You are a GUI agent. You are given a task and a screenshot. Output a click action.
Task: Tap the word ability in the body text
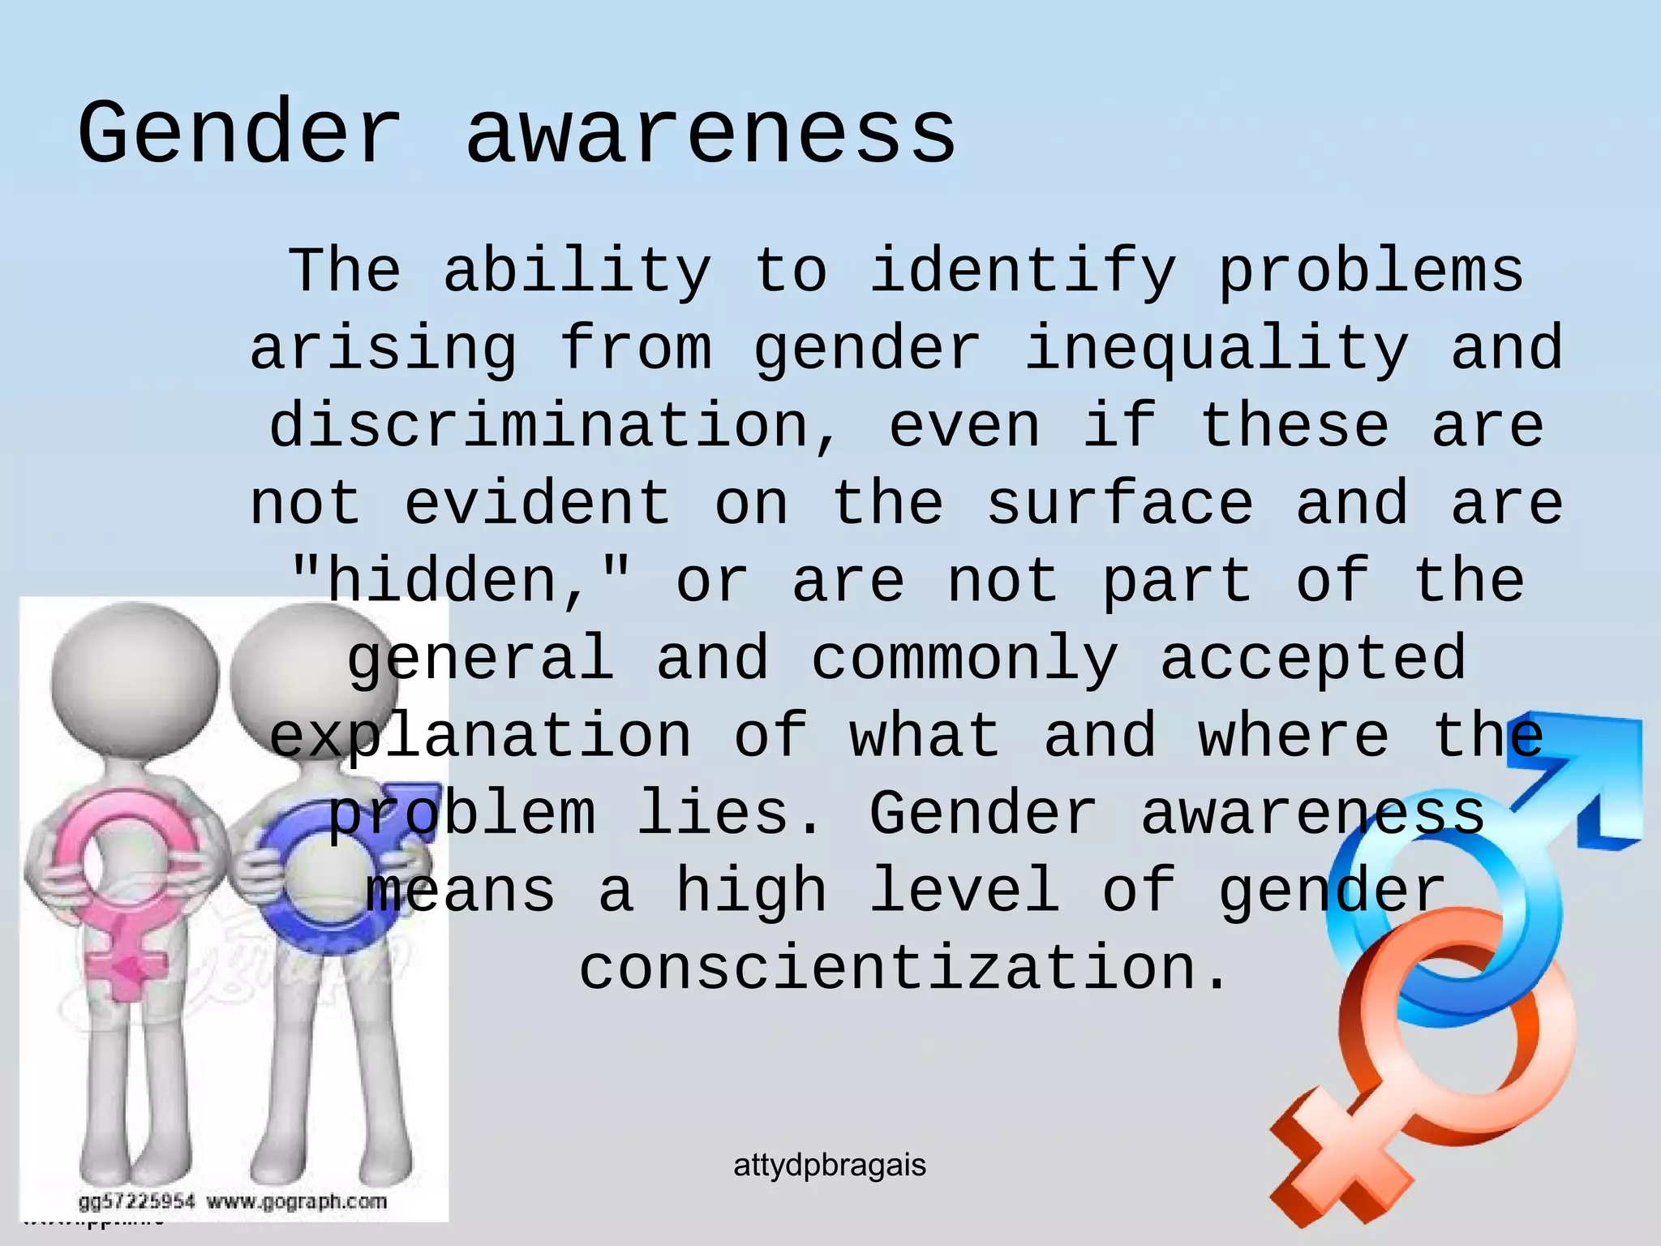577,271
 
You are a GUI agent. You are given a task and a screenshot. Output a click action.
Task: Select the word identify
1022,273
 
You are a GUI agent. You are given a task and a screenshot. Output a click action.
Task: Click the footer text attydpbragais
830,1166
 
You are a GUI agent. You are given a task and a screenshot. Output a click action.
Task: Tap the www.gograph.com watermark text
297,1201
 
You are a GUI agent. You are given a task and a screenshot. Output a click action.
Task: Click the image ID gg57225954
136,1201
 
